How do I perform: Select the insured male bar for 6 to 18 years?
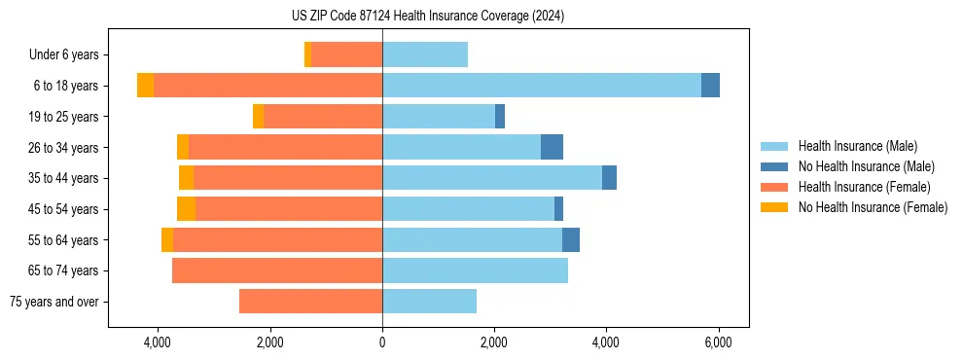[541, 86]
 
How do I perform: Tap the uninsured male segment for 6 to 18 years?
[710, 86]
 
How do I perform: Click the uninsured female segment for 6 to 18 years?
[145, 86]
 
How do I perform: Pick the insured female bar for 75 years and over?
[310, 302]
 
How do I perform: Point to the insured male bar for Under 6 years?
[425, 54]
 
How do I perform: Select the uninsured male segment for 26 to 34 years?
[552, 147]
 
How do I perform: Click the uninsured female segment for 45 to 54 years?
[186, 209]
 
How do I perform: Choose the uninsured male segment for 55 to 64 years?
[571, 239]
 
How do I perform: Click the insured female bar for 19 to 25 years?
[323, 117]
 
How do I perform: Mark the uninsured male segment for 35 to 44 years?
[609, 178]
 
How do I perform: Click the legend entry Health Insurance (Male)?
[857, 146]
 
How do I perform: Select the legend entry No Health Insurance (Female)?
[873, 207]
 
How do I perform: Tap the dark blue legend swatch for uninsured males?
[774, 166]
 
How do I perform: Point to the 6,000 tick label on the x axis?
[718, 342]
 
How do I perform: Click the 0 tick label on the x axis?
[382, 342]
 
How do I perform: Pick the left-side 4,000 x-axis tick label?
[158, 342]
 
